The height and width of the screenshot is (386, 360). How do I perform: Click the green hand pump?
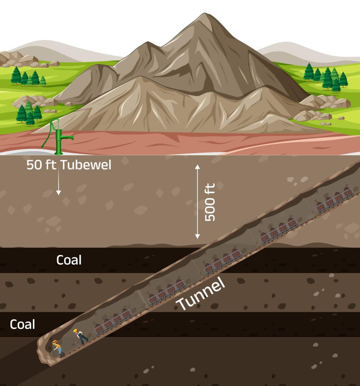click(59, 139)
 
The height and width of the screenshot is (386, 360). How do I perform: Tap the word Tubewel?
click(86, 165)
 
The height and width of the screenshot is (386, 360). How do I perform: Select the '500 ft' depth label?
click(210, 202)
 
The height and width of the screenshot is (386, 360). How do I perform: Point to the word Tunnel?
click(201, 294)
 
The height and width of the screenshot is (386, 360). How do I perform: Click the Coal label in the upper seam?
click(69, 260)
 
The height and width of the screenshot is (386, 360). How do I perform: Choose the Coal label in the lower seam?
click(22, 324)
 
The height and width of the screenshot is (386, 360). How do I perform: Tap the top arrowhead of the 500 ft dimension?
click(197, 166)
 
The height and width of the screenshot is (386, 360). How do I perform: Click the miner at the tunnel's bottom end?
click(57, 348)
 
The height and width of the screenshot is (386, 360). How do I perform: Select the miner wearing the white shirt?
click(80, 336)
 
